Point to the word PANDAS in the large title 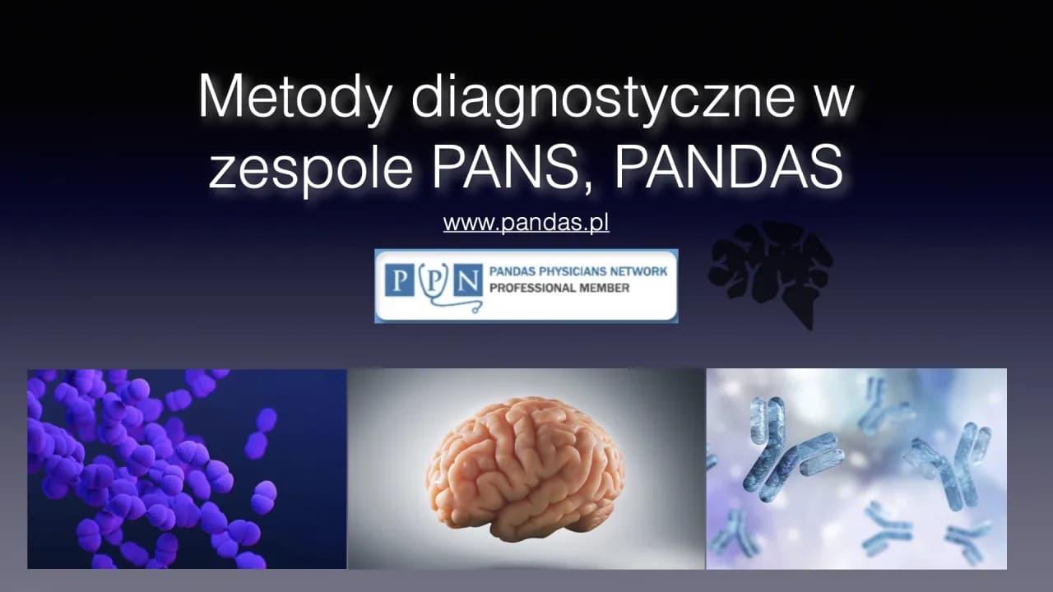point(728,168)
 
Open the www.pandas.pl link point(526,223)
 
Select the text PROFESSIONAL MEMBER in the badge point(559,288)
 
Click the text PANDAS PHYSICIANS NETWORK point(578,271)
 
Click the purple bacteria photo point(187,469)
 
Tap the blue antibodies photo point(856,469)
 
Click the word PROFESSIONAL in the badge point(528,288)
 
